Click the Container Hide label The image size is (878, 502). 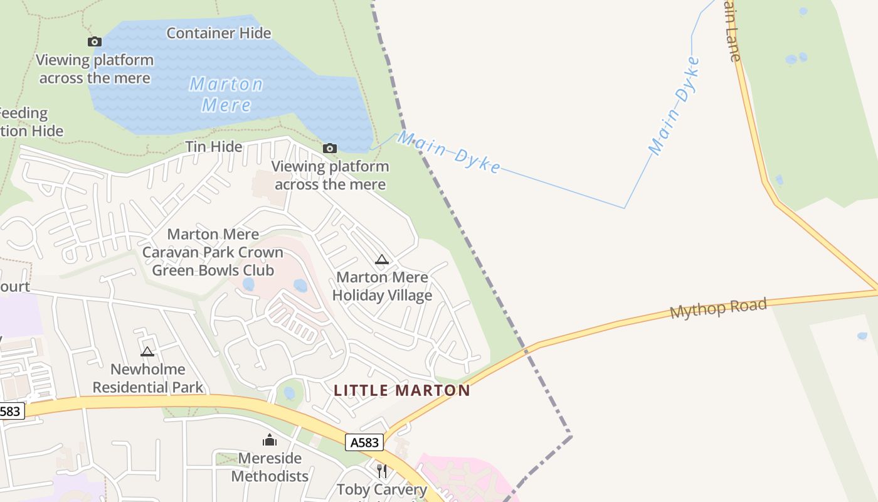218,33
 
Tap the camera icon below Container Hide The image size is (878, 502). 95,42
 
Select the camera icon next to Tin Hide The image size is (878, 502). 329,149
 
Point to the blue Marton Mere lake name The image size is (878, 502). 226,94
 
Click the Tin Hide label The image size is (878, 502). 213,147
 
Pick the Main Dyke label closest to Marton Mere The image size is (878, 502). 449,152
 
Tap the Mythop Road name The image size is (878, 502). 718,308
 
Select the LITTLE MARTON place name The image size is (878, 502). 401,390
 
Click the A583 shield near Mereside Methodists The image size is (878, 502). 364,442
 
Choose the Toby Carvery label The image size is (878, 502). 381,489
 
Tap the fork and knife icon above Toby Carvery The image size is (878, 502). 381,471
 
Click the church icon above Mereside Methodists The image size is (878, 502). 270,440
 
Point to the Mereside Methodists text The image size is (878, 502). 270,467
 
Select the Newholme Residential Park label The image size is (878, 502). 148,378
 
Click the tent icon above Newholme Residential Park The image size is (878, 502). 147,351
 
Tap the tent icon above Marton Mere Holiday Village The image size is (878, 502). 381,259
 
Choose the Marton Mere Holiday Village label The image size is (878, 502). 382,286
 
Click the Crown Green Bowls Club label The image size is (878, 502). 213,252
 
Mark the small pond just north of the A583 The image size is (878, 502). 289,393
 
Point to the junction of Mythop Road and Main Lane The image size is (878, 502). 876,291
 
